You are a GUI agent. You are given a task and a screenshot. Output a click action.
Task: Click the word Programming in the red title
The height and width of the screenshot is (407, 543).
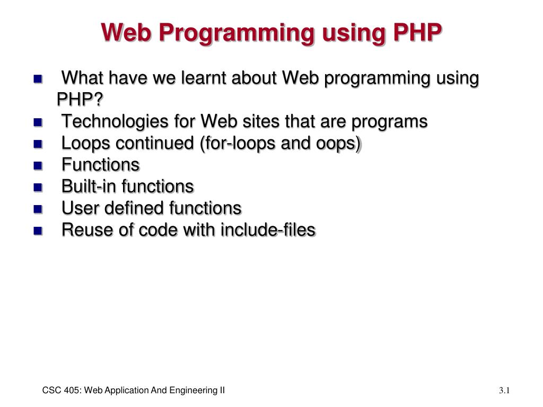click(x=237, y=33)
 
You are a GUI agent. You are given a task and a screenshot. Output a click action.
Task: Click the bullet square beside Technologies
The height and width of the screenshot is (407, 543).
click(x=38, y=122)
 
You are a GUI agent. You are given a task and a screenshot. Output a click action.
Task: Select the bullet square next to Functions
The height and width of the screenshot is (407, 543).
click(x=38, y=165)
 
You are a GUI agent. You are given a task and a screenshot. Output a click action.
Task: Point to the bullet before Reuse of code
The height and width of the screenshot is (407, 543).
click(x=38, y=231)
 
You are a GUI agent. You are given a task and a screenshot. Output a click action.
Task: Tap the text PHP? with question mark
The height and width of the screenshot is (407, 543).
click(x=80, y=99)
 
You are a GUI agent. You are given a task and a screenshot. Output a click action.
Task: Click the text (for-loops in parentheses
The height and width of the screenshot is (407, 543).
click(x=239, y=144)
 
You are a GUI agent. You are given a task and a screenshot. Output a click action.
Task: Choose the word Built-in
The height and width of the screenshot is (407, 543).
click(x=89, y=186)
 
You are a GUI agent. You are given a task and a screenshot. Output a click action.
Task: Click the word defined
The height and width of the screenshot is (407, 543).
click(x=134, y=208)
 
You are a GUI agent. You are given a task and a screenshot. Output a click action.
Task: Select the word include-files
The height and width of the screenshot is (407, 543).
click(x=268, y=230)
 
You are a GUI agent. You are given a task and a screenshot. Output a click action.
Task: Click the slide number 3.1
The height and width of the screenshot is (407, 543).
click(x=504, y=391)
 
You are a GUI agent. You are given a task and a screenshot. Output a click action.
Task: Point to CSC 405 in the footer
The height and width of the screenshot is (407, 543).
click(x=62, y=391)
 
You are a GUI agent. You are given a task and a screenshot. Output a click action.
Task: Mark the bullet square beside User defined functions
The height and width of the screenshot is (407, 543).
click(x=38, y=209)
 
